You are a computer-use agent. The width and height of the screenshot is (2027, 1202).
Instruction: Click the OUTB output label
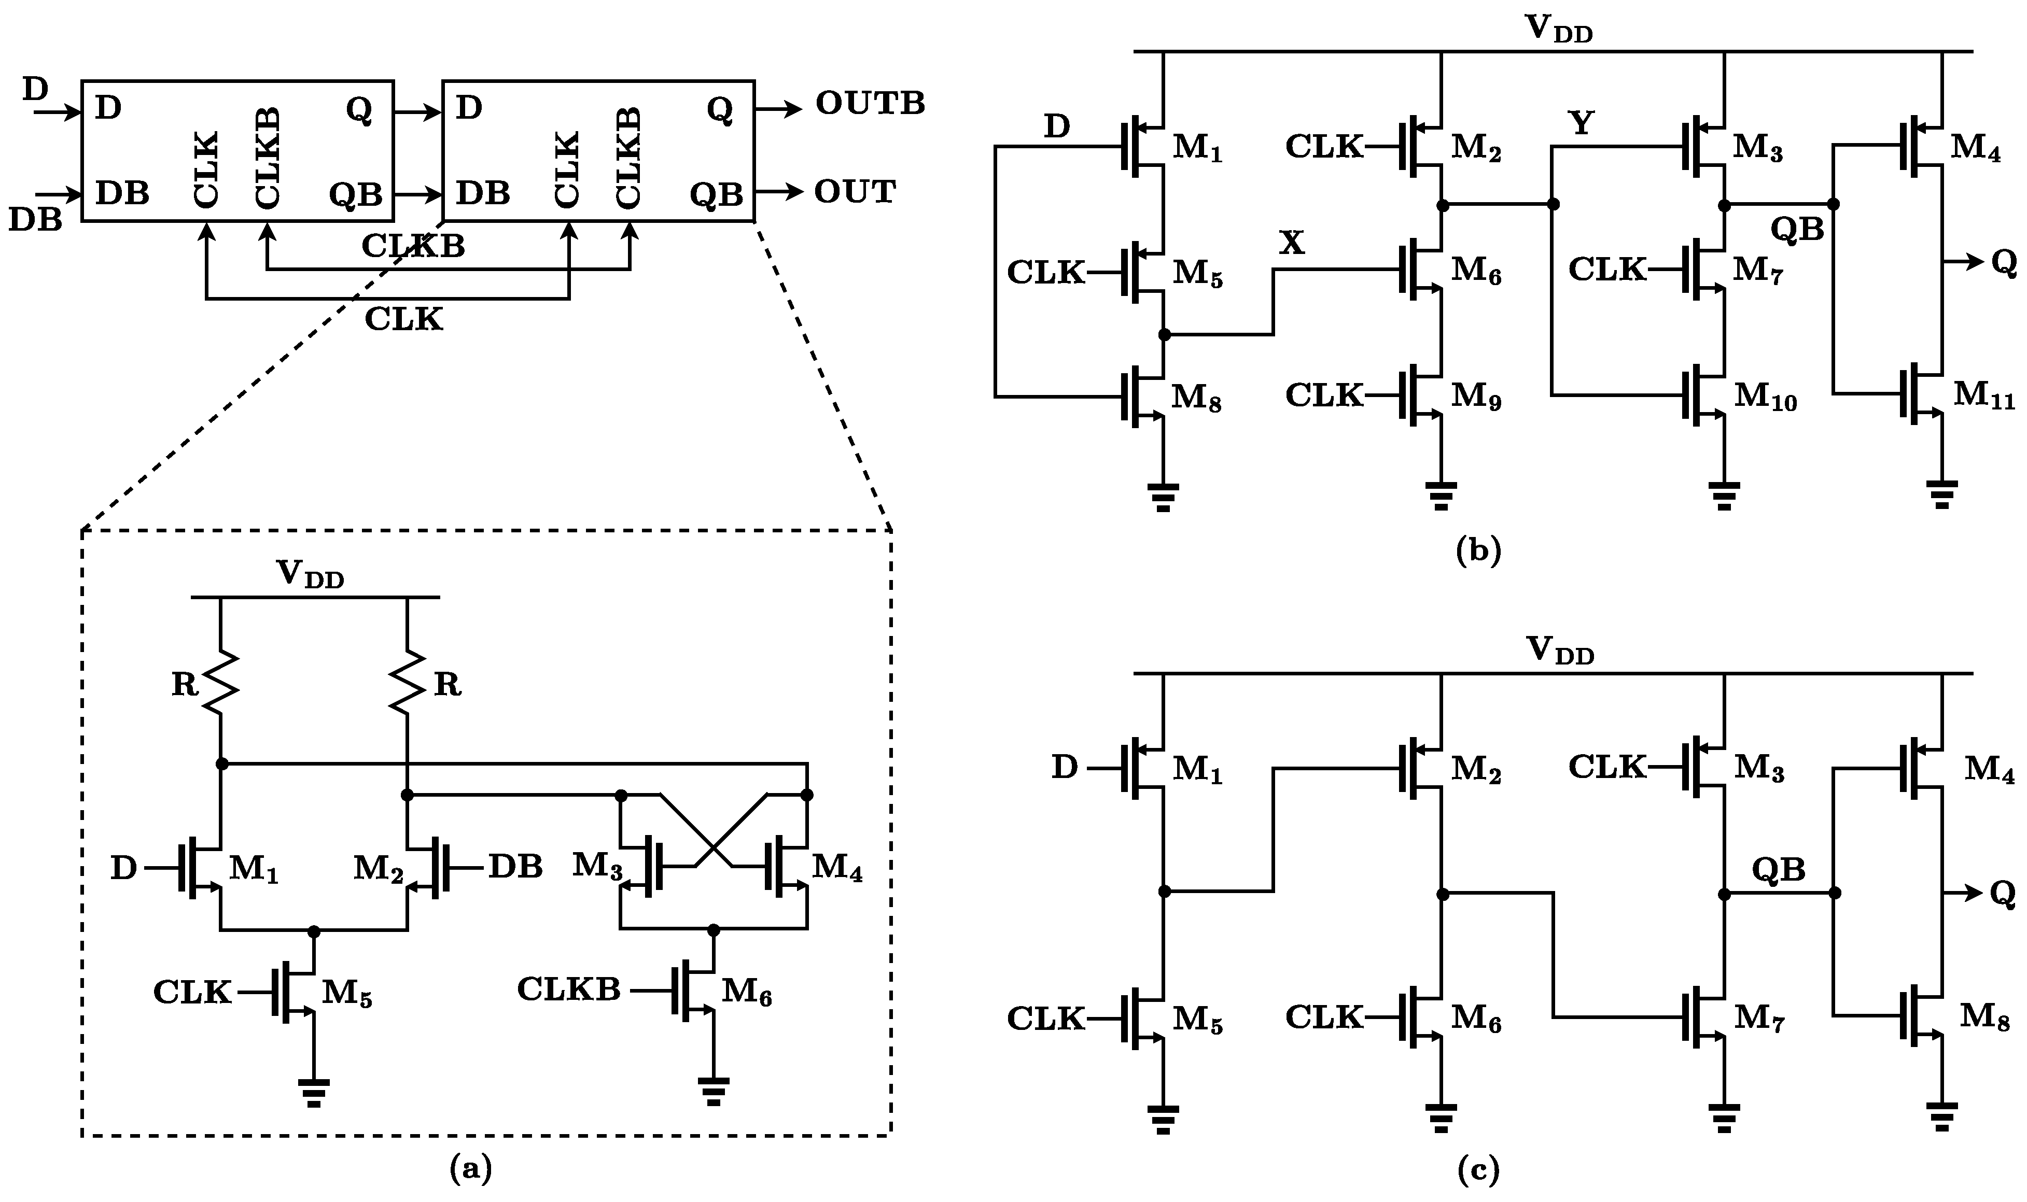[x=869, y=104]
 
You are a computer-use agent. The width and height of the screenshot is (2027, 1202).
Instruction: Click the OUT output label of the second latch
[x=855, y=192]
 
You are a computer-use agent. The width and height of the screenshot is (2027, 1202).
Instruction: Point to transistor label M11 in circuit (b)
[x=1983, y=395]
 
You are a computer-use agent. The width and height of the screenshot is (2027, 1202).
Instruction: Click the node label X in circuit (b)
[x=1291, y=242]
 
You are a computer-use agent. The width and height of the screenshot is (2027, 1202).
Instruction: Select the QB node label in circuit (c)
[x=1779, y=870]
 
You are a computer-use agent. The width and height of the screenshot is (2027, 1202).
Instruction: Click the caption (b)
[x=1478, y=551]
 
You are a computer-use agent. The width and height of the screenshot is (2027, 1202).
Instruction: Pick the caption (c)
[x=1478, y=1169]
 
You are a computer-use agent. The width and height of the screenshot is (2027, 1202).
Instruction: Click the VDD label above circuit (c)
[x=1560, y=651]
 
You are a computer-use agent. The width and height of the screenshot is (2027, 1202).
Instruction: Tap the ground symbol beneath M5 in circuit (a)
[x=314, y=1091]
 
